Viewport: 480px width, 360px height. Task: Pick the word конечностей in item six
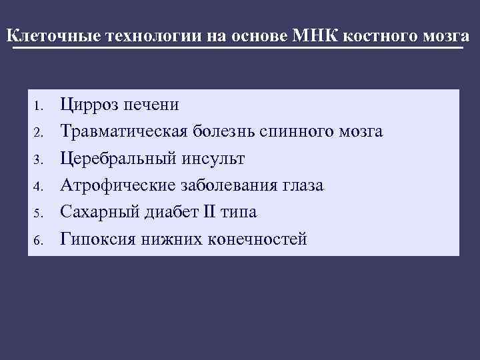click(257, 238)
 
